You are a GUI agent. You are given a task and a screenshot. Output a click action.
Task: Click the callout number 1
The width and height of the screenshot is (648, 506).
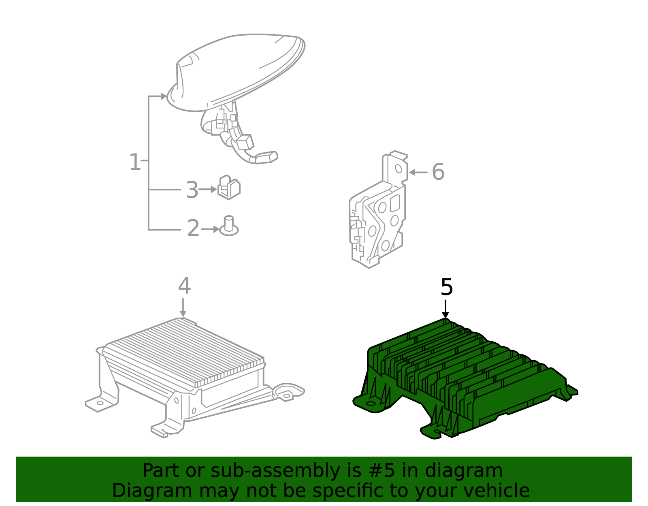point(135,162)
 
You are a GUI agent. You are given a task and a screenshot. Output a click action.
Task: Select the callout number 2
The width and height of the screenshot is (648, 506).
point(193,228)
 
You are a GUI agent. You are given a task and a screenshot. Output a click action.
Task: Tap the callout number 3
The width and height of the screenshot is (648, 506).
point(192,190)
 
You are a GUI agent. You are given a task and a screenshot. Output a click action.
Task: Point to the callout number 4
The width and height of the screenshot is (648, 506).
point(184,286)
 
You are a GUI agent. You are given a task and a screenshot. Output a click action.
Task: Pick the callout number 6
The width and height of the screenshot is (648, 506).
point(438,172)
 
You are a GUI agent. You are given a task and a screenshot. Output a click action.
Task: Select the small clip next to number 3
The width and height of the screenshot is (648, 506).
point(229,188)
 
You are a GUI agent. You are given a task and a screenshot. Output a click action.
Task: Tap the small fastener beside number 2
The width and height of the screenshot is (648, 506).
point(229,226)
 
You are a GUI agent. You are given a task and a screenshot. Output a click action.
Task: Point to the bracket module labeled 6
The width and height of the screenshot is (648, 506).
point(377,215)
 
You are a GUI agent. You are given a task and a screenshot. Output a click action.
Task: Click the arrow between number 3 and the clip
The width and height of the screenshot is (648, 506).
point(209,189)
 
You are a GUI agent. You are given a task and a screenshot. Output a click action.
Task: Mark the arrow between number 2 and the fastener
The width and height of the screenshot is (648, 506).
point(211,229)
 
